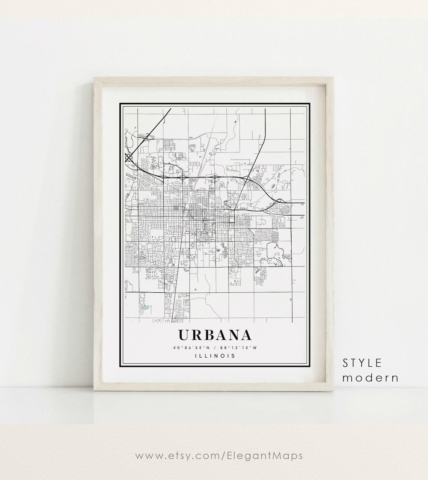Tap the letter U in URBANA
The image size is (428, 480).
184,335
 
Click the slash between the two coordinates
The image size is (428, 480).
214,348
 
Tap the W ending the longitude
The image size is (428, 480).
255,348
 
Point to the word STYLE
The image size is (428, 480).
362,363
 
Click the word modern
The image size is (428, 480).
370,378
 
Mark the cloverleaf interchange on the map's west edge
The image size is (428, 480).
129,157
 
